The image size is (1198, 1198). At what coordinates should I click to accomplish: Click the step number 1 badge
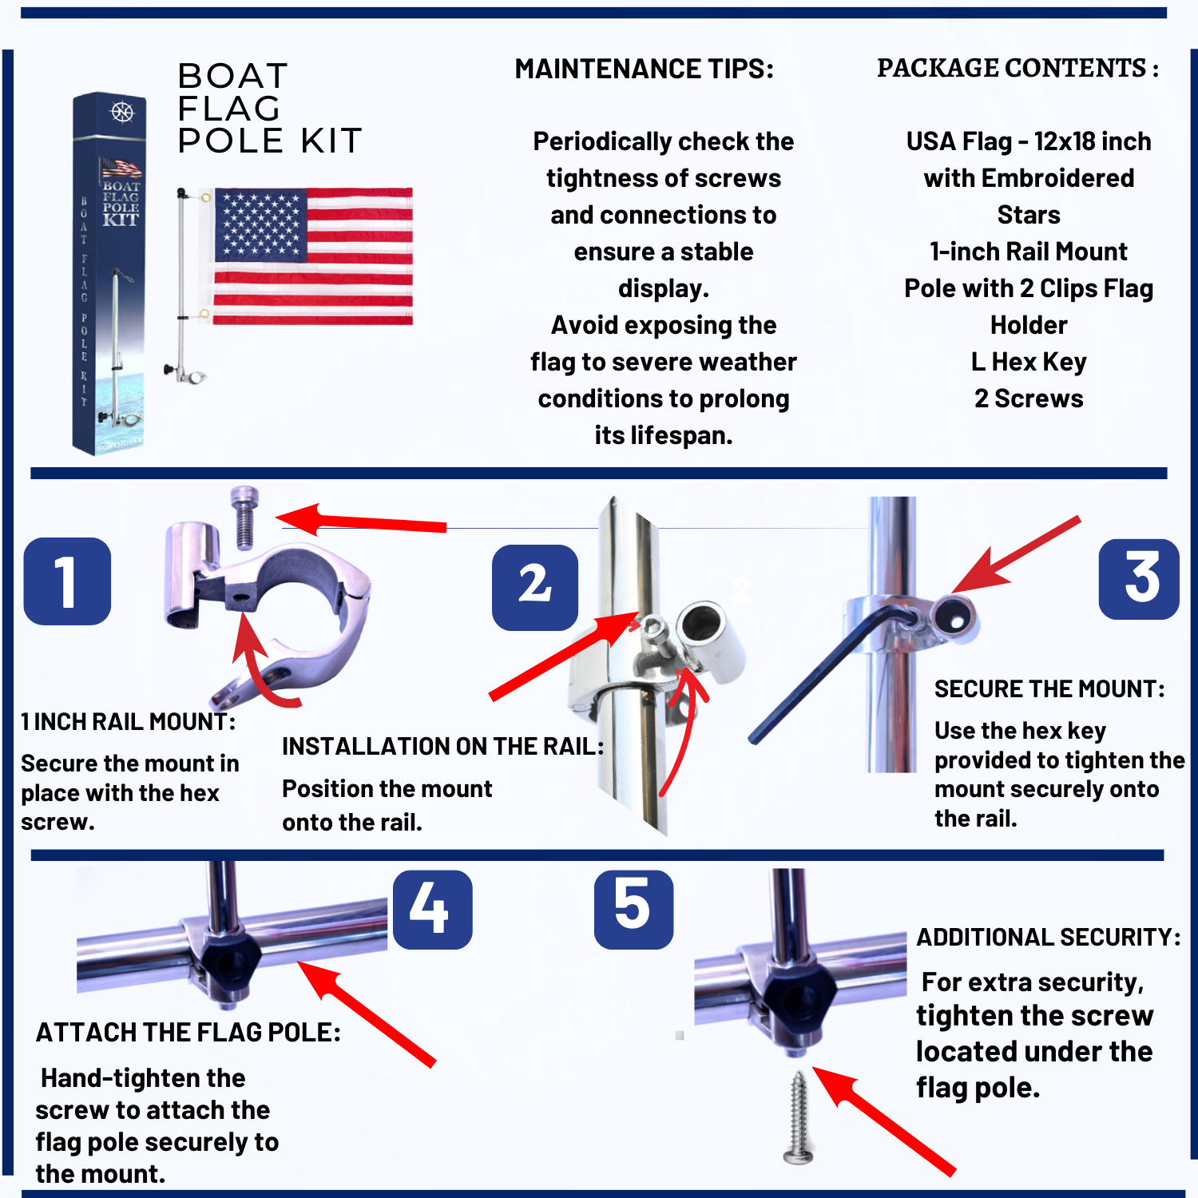(67, 581)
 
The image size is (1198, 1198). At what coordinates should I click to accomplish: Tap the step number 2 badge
(535, 587)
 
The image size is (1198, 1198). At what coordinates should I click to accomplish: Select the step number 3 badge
(1140, 579)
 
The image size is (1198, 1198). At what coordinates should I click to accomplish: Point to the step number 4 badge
(433, 909)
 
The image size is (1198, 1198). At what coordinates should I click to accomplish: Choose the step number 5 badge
(634, 909)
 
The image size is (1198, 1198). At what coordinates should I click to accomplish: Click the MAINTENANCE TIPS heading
(645, 69)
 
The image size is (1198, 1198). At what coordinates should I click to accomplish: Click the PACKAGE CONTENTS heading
(1018, 69)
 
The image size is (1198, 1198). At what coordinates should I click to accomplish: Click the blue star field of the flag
(260, 224)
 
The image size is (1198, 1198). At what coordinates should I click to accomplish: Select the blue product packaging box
(109, 273)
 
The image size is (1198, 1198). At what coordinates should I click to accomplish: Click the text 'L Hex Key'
(1029, 362)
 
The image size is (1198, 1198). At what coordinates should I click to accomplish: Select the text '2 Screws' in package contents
(1029, 399)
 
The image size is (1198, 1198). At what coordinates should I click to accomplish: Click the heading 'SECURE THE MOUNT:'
(1049, 689)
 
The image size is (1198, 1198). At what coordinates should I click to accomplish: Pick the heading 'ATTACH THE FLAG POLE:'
(188, 1033)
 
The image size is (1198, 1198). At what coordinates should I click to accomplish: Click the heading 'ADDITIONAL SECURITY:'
(1049, 937)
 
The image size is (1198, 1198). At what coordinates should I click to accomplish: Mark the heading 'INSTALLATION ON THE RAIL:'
(443, 747)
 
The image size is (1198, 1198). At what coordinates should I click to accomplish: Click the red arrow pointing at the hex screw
(361, 521)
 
